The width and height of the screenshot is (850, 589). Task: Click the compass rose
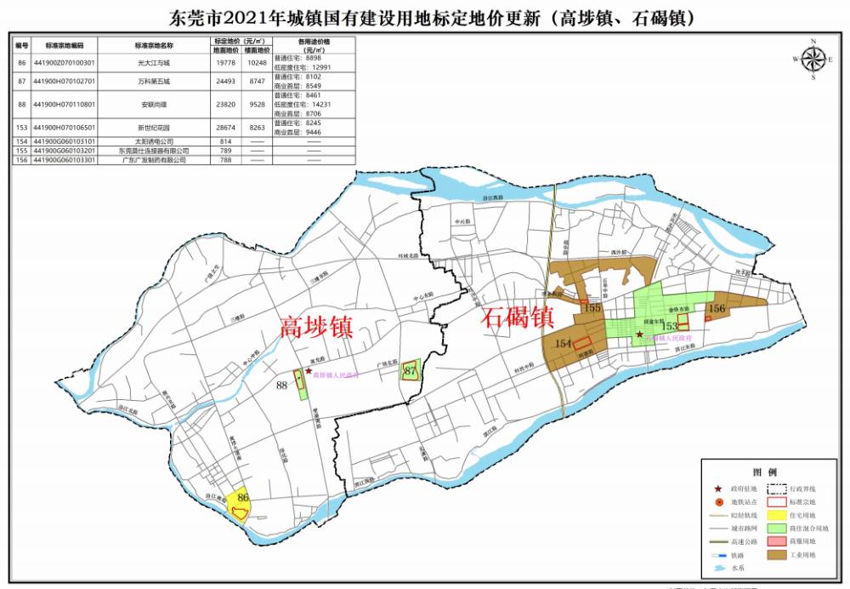click(x=813, y=59)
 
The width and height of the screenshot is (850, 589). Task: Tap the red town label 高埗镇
click(x=317, y=327)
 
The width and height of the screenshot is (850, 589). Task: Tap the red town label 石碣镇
click(x=518, y=318)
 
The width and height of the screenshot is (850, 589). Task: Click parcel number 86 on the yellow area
click(x=243, y=498)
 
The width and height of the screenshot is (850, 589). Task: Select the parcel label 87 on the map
click(x=411, y=371)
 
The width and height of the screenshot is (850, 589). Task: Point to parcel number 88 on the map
click(x=282, y=386)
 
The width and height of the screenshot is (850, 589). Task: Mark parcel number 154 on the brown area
click(x=562, y=342)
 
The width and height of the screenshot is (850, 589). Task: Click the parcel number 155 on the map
click(x=593, y=307)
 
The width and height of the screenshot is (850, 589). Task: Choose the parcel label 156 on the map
click(x=717, y=308)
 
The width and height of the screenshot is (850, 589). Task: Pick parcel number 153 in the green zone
click(x=670, y=326)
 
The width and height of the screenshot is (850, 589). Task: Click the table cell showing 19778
click(x=224, y=63)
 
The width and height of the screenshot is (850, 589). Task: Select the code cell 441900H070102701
click(x=64, y=82)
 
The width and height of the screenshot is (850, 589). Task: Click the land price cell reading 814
click(x=224, y=141)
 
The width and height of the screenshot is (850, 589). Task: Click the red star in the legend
click(x=719, y=489)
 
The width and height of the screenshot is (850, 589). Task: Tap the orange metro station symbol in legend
click(x=719, y=502)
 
